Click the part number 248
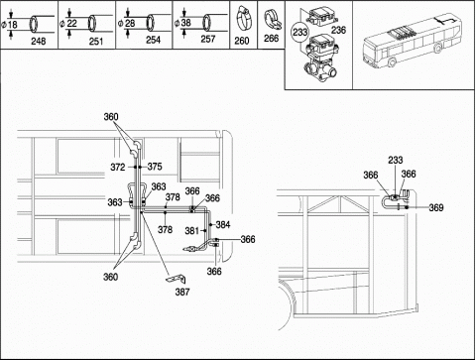(39, 42)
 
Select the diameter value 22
(71, 23)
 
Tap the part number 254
(153, 40)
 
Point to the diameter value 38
(186, 23)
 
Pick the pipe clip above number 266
(273, 21)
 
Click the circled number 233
(299, 33)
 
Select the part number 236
(338, 30)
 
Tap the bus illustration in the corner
(412, 42)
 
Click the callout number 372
(118, 168)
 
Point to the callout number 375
(155, 167)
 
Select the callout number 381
(191, 230)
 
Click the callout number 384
(223, 225)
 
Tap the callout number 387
(182, 292)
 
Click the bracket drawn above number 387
(176, 280)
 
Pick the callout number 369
(436, 207)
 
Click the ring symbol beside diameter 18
(34, 24)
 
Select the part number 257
(208, 39)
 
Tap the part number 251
(96, 42)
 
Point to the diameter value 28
(130, 23)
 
